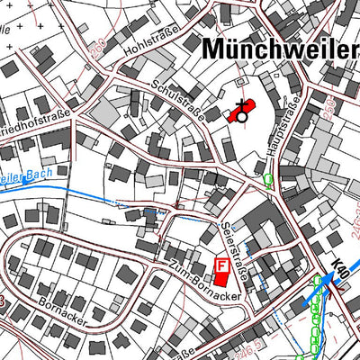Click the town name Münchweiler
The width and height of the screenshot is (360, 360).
pyautogui.click(x=279, y=49)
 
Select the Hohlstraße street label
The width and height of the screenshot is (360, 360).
pyautogui.click(x=153, y=42)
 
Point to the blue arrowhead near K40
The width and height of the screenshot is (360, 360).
pyautogui.click(x=317, y=282)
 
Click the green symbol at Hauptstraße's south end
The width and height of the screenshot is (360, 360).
pyautogui.click(x=266, y=179)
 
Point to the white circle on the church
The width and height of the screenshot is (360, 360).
pyautogui.click(x=241, y=116)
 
